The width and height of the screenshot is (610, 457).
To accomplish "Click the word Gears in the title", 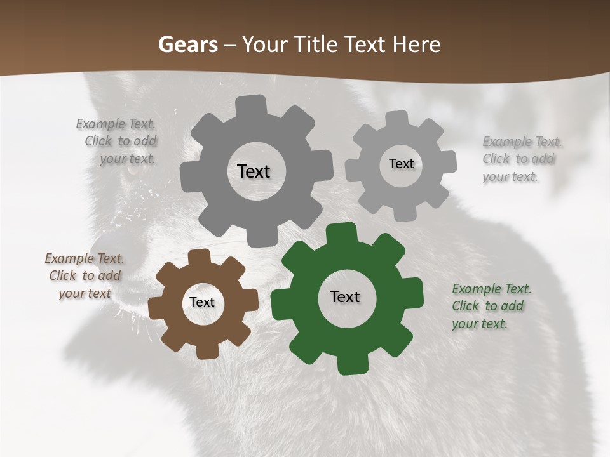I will [x=187, y=44].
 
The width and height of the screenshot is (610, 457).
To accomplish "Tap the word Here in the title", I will [x=416, y=44].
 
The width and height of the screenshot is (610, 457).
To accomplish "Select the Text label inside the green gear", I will [x=345, y=297].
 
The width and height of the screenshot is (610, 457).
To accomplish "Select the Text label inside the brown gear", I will [x=202, y=303].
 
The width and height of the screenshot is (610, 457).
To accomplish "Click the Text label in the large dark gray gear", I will [x=254, y=171].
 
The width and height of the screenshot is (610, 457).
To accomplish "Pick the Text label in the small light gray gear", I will [x=402, y=164].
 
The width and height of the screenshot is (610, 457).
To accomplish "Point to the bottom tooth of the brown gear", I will [x=206, y=351].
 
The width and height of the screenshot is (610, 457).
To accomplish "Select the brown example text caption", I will [x=85, y=276].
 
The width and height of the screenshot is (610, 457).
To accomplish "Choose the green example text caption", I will [x=491, y=307].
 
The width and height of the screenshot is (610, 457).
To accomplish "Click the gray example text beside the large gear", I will [x=118, y=141].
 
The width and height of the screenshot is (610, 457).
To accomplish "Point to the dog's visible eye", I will [x=132, y=170].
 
